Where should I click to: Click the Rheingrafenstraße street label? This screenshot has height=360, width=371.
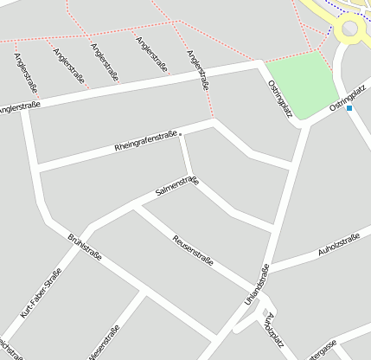(144, 141)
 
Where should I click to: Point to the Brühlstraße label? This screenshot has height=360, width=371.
(85, 246)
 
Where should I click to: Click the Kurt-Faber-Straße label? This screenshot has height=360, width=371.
(40, 292)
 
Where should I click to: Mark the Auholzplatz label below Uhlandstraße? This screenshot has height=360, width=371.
(275, 328)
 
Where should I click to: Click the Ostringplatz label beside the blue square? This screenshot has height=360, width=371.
(349, 94)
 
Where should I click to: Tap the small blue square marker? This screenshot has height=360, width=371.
(349, 109)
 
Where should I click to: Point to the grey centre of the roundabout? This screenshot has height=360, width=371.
(350, 29)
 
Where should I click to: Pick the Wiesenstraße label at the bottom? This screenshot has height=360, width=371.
(103, 342)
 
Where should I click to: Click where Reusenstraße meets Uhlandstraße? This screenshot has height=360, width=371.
(254, 291)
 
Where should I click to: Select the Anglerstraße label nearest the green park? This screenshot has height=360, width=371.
(198, 71)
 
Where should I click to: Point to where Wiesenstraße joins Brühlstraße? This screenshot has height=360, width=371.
(145, 295)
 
